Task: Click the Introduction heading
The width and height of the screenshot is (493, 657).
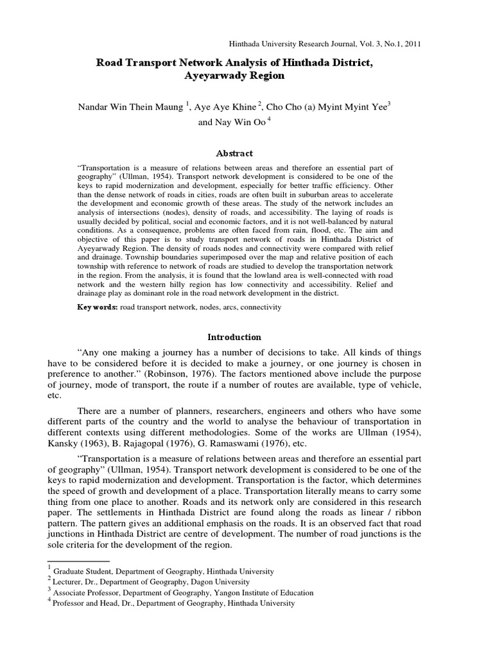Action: click(233, 337)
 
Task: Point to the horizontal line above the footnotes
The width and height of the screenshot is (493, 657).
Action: click(71, 561)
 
